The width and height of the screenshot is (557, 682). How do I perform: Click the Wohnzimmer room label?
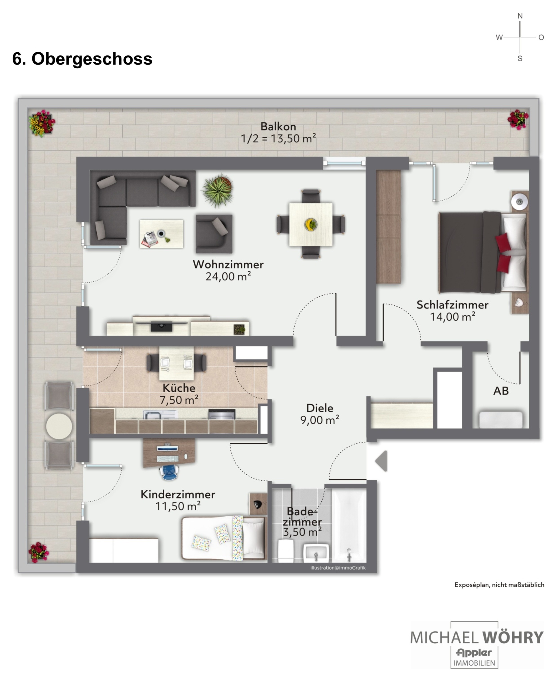[x=228, y=264]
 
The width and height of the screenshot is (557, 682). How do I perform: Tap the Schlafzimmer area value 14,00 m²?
[x=452, y=317]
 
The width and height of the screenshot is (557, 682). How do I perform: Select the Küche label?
[x=179, y=388]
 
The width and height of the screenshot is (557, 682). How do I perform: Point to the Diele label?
[x=320, y=408]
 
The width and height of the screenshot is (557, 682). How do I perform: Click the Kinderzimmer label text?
[x=178, y=494]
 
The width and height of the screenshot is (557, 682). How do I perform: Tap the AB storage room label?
[x=501, y=391]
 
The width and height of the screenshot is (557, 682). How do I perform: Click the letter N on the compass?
[x=520, y=16]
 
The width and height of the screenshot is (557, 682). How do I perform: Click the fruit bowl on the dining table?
[x=311, y=224]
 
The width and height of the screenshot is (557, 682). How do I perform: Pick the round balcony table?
[x=59, y=426]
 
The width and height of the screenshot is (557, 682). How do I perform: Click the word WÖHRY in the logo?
[x=513, y=638]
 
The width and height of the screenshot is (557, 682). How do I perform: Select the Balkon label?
[x=278, y=126]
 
